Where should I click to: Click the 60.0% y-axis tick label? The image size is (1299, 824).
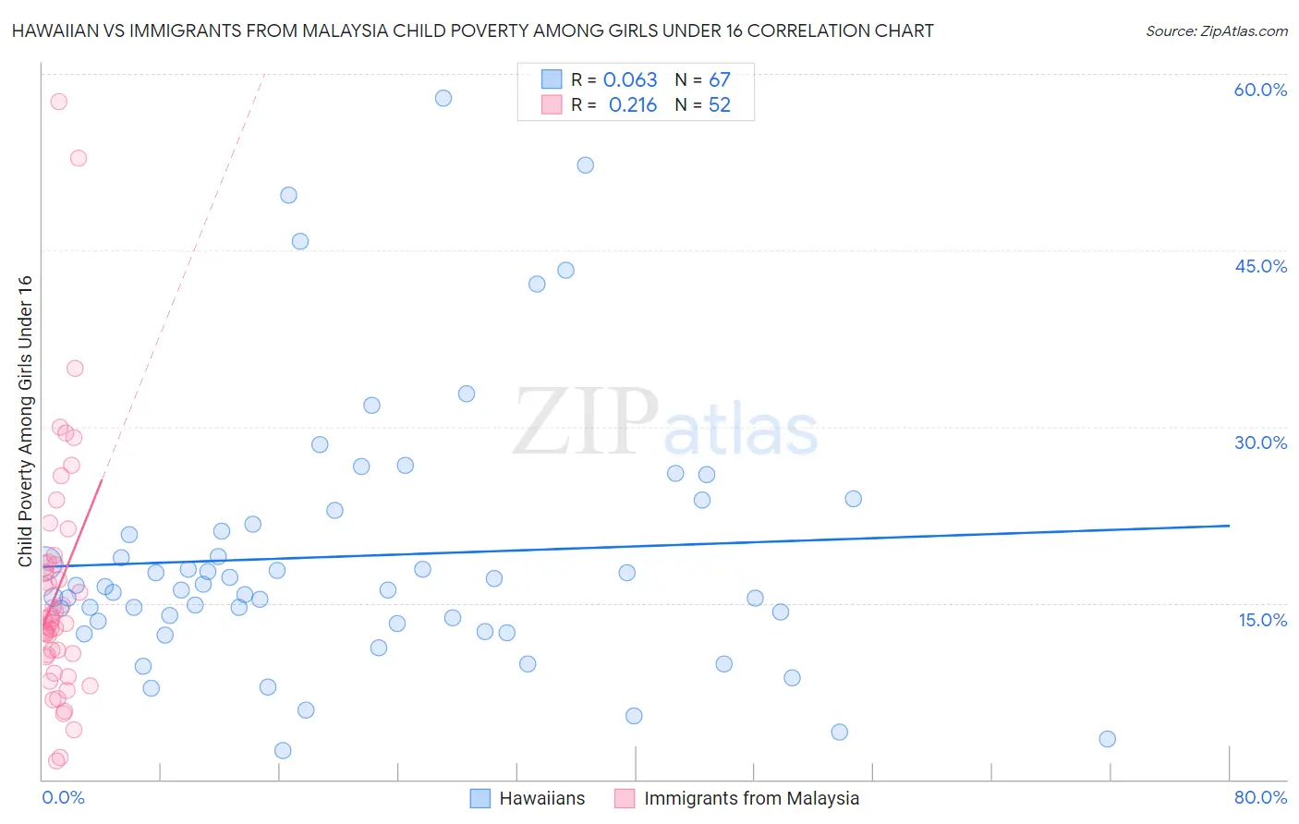point(1260,90)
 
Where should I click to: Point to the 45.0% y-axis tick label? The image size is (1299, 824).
point(1260,266)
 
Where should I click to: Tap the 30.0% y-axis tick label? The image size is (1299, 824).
point(1260,442)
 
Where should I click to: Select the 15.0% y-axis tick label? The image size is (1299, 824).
point(1262,620)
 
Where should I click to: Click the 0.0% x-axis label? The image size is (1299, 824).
point(63,797)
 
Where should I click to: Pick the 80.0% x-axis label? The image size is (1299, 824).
point(1260,797)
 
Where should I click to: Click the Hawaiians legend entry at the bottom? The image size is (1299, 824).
point(541,798)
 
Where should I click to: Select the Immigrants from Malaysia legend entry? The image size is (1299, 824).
point(750,798)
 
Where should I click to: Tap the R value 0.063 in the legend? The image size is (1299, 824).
point(630,79)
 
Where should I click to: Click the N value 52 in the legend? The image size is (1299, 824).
point(719,104)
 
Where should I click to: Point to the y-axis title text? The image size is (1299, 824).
point(25,421)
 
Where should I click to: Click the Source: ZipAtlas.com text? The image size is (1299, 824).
point(1216,31)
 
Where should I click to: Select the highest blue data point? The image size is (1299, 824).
point(443,98)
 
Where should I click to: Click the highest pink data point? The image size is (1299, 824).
point(59,102)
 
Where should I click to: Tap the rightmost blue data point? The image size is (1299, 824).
point(1108,739)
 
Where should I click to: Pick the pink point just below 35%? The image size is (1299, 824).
point(75,369)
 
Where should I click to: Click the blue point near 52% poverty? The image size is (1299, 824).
point(585,165)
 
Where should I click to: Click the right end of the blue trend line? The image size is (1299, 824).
point(1229,525)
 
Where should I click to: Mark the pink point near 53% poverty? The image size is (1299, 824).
point(79,158)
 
